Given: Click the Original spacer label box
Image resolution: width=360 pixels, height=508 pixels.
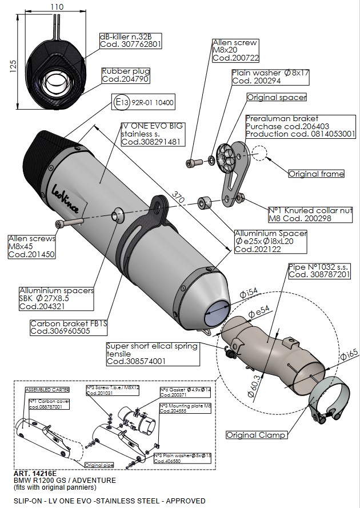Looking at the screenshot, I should (277, 97).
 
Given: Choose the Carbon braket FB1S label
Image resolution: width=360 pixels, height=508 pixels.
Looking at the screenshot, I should (69, 327).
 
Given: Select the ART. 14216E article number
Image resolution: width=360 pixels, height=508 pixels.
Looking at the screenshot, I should (33, 474).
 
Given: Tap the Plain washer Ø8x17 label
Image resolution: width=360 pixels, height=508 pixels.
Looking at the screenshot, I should (270, 77).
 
